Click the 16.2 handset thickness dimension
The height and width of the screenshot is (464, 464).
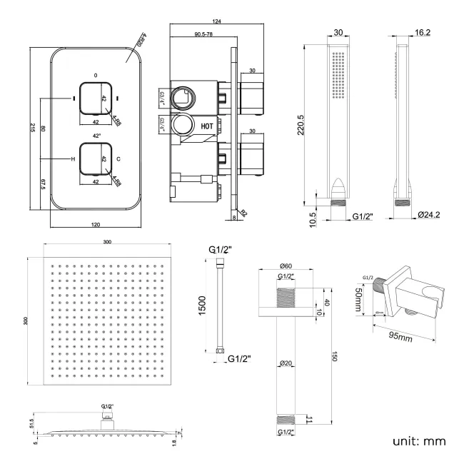[x=423, y=32]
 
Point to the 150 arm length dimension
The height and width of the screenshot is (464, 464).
[x=332, y=356]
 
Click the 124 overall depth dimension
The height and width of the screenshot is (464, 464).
[x=216, y=21]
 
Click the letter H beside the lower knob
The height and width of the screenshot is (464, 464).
[x=73, y=159]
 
